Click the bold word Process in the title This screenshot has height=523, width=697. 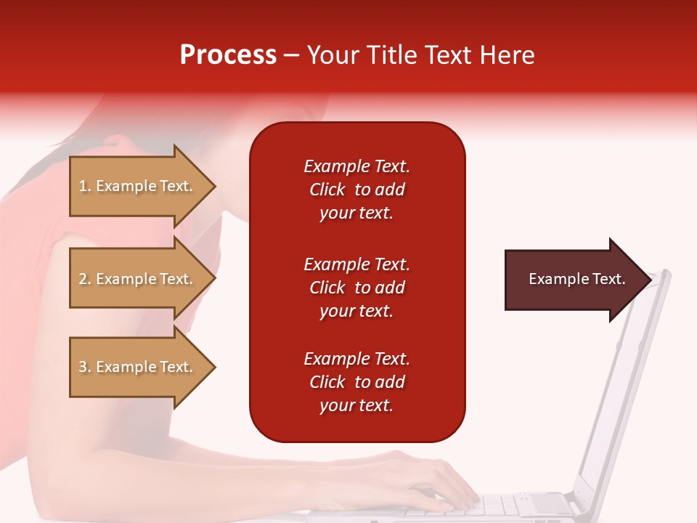228,55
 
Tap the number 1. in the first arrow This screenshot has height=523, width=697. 85,186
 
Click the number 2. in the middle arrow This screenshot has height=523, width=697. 85,279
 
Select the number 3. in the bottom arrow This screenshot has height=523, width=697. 85,367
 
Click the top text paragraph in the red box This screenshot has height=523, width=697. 356,190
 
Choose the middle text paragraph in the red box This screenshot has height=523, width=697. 356,288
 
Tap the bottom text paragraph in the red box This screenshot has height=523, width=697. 356,382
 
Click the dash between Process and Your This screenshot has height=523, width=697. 292,55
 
